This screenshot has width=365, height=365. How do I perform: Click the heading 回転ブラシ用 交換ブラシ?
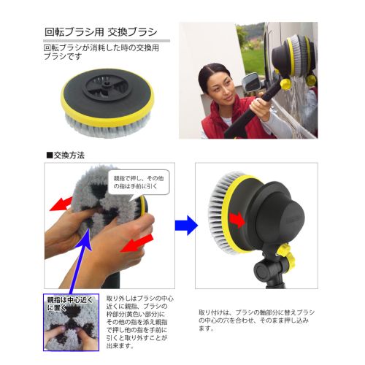pos(101,33)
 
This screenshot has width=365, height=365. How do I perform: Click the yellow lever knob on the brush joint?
pos(285,255)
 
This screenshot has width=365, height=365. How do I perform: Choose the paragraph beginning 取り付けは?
pos(255,320)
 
